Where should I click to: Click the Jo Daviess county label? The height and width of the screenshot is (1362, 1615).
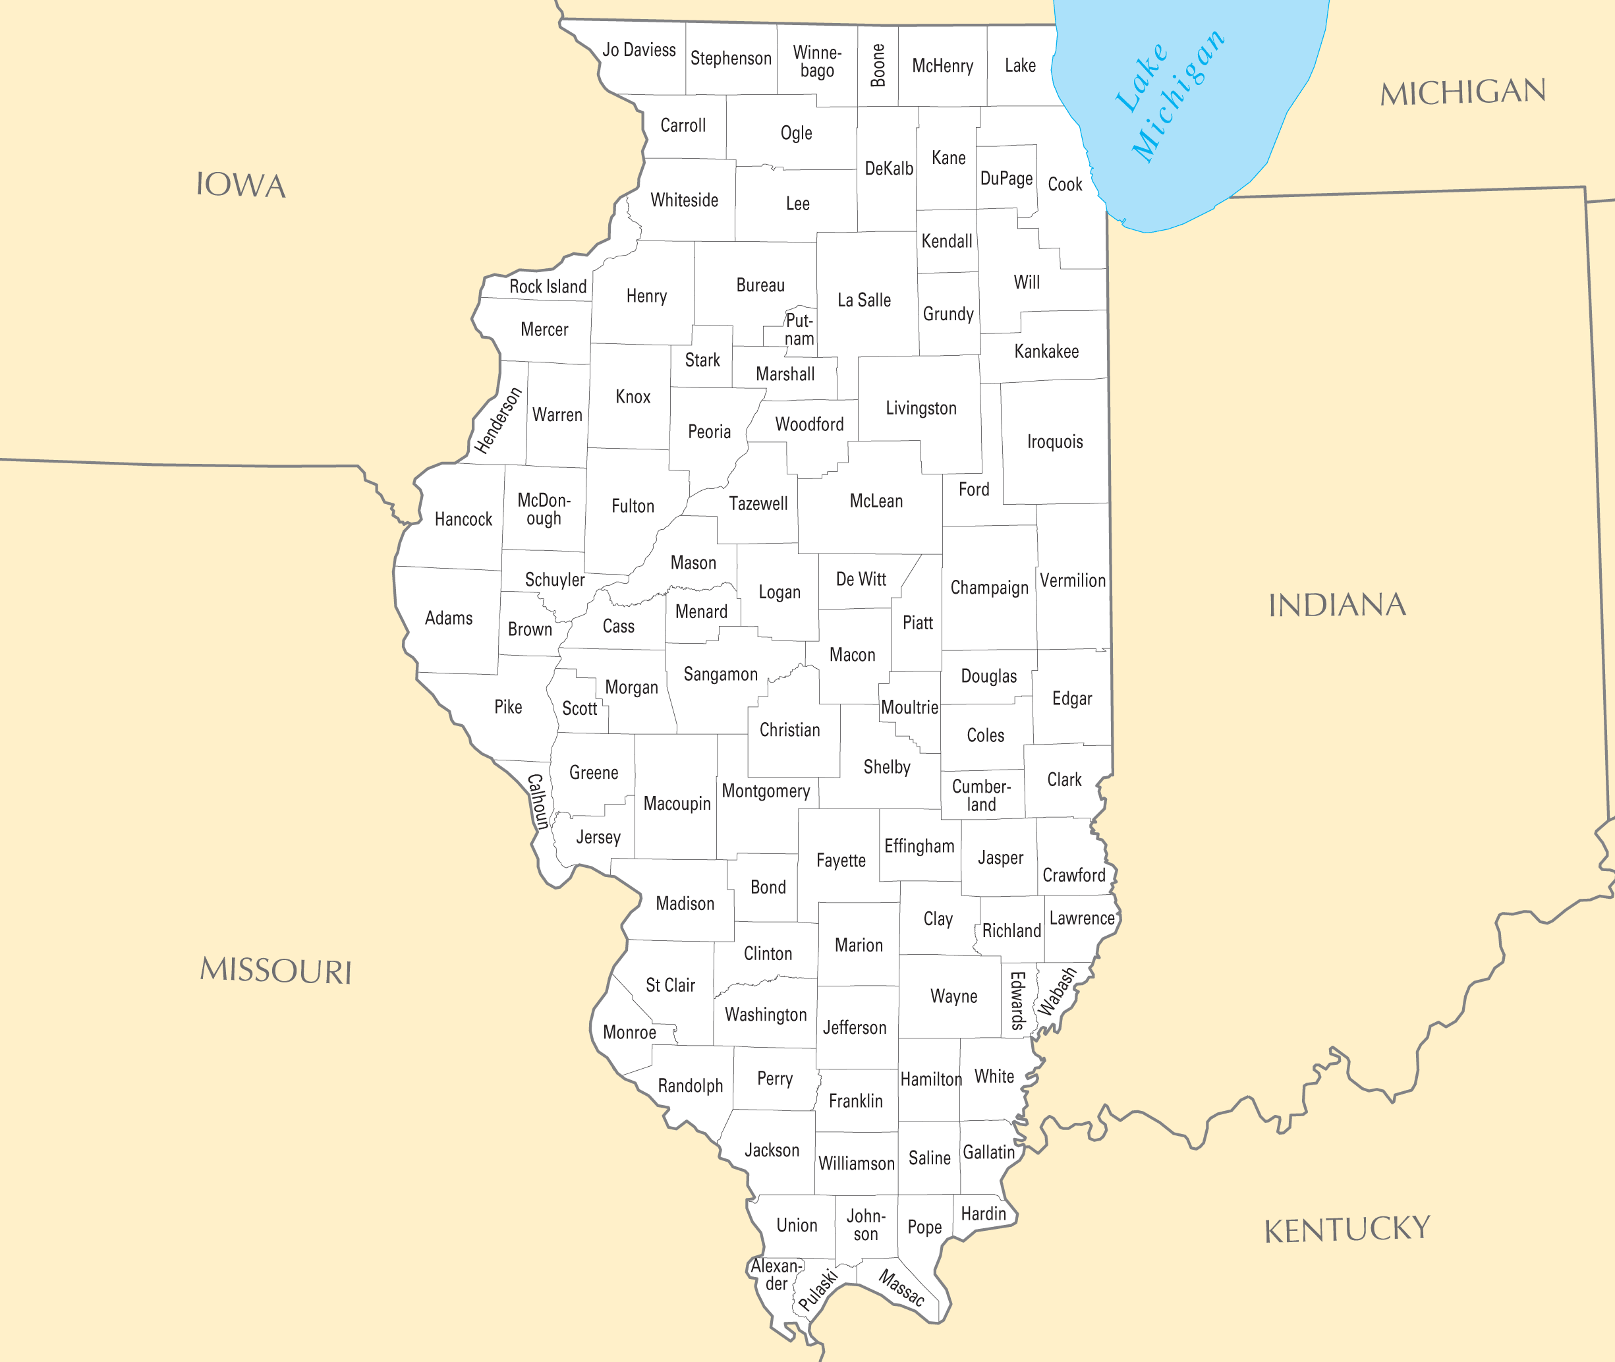coord(638,50)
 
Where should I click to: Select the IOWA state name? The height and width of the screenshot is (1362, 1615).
coord(241,185)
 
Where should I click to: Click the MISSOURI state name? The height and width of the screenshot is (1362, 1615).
coord(275,971)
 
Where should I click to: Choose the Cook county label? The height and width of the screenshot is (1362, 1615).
coord(1065,184)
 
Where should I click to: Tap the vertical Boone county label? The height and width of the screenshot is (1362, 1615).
coord(878,66)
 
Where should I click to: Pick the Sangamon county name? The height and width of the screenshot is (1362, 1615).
coord(720,674)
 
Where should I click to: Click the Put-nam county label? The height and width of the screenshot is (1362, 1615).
coord(799,329)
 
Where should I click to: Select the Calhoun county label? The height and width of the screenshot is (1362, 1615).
coord(538,801)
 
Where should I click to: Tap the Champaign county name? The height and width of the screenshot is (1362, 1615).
coord(989,588)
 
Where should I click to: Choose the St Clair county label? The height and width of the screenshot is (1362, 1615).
coord(670,985)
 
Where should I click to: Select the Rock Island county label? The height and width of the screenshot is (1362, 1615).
coord(548,287)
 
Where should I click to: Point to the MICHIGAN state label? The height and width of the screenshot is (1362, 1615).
coord(1463,93)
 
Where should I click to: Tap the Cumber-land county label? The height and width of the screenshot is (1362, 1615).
coord(981,795)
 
